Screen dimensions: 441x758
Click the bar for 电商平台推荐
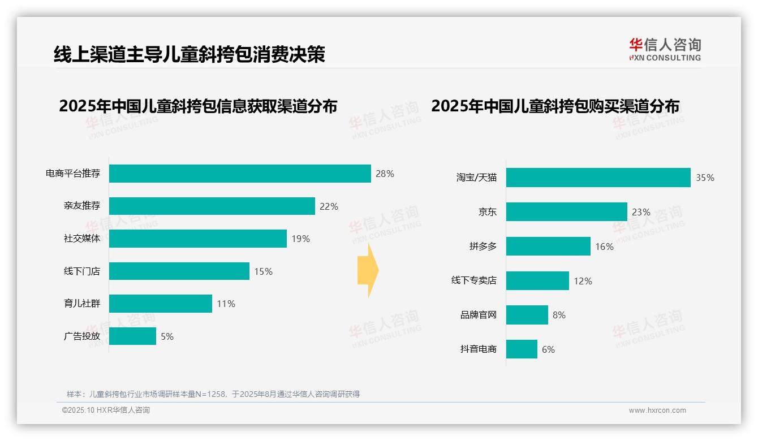[240, 174]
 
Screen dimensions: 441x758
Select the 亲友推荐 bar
[212, 206]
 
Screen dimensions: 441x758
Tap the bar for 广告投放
[132, 336]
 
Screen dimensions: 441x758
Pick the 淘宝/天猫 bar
[598, 178]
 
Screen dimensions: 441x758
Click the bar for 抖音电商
[522, 349]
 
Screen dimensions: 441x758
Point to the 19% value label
[300, 239]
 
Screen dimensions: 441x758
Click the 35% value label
[705, 178]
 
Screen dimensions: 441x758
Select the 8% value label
[559, 315]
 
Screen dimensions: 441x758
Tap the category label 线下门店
[81, 271]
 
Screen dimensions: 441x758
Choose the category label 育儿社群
[81, 304]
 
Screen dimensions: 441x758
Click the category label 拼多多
[483, 247]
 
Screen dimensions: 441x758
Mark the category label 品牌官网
[478, 315]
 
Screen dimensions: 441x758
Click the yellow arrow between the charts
[368, 271]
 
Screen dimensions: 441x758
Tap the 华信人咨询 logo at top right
[665, 49]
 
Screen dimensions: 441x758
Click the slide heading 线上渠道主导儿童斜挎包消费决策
[189, 54]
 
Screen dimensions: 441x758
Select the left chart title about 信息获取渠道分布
[198, 106]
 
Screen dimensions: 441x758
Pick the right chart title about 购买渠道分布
[555, 106]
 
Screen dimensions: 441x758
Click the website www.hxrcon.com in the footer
[657, 410]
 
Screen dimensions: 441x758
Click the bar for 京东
[566, 212]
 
